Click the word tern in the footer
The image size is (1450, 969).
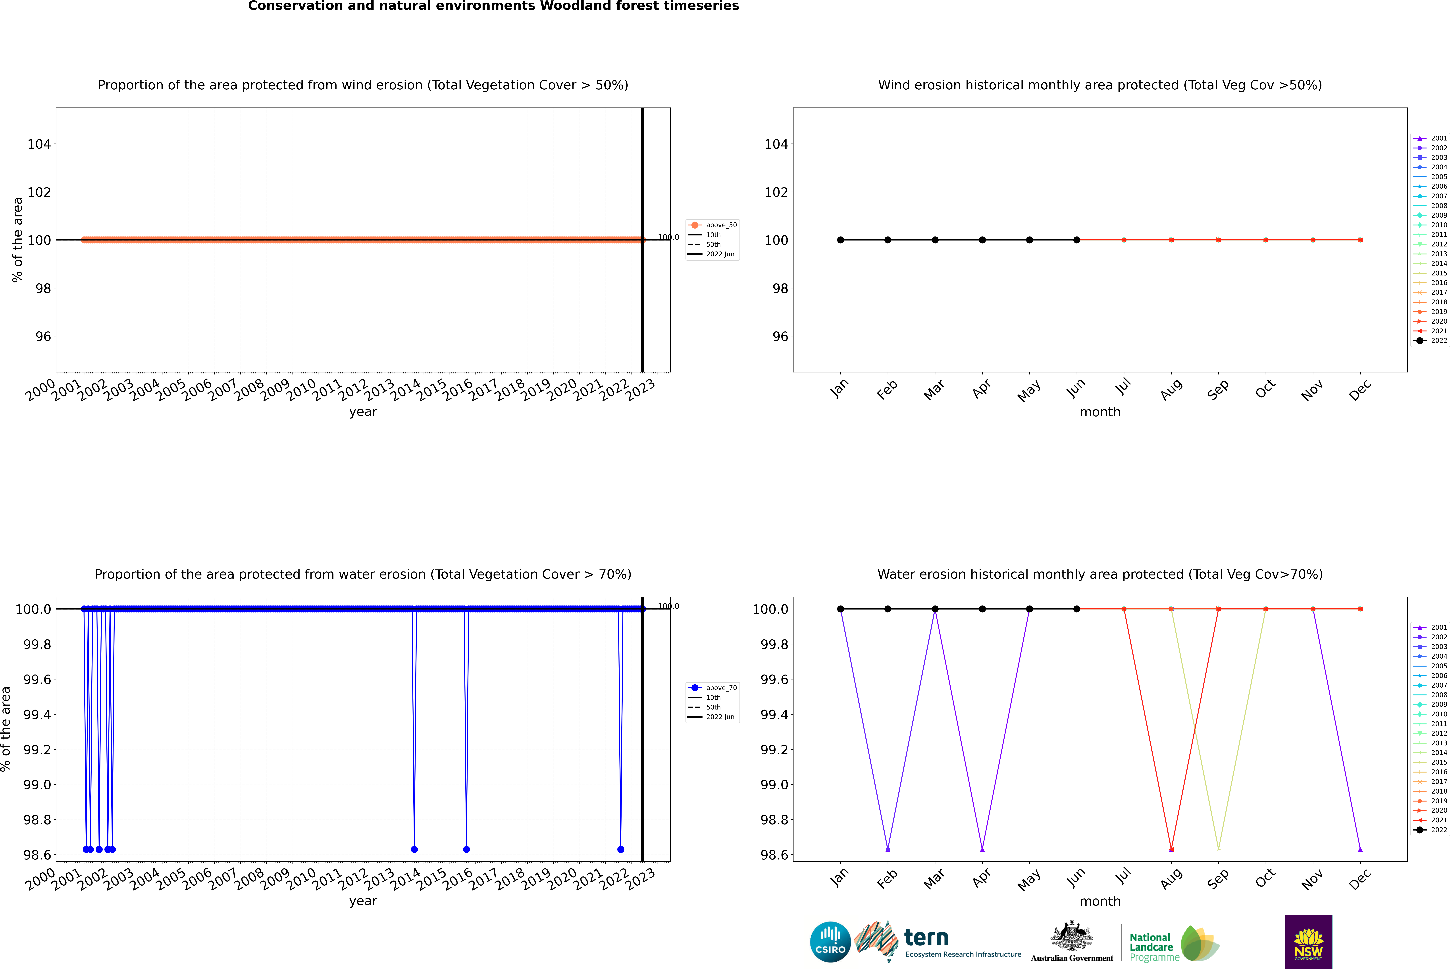(926, 938)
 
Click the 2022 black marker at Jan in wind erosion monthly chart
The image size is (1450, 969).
(841, 240)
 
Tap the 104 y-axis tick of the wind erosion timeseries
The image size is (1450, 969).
(39, 144)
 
